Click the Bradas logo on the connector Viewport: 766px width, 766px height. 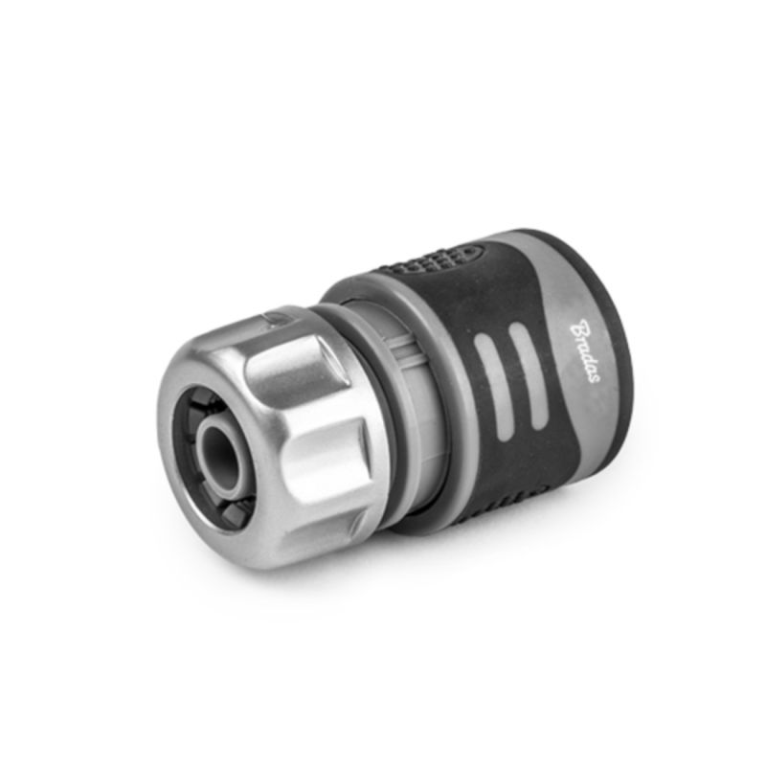(x=585, y=350)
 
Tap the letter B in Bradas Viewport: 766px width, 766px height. (x=580, y=327)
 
